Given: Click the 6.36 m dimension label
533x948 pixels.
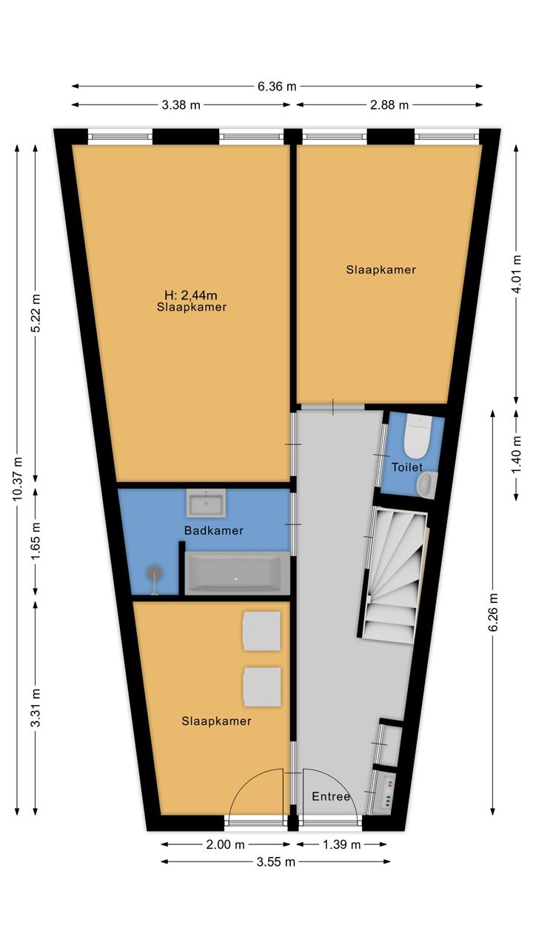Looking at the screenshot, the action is (277, 87).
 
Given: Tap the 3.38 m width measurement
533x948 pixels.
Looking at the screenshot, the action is (181, 105).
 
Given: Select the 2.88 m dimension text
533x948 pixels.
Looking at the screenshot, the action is (389, 105).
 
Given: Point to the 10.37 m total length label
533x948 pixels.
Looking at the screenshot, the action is (17, 478).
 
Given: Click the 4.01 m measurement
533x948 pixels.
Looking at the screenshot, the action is (516, 273).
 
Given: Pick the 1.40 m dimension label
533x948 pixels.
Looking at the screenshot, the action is (516, 457).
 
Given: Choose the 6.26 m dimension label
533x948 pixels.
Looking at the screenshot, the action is (493, 612).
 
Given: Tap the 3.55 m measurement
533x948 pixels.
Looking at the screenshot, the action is (276, 862).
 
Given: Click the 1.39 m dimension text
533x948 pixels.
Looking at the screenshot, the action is (341, 845).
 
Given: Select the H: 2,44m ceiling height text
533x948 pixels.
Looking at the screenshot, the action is (191, 295).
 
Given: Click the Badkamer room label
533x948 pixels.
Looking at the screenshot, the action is (214, 531).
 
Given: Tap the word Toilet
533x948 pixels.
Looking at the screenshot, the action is (407, 467).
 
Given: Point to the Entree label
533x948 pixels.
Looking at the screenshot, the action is (331, 796).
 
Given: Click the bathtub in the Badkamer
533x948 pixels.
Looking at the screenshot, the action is (234, 573).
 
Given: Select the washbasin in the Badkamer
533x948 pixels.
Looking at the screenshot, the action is (206, 503).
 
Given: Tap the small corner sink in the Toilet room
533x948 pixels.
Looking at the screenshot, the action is (427, 484).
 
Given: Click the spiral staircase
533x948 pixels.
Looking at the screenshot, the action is (394, 576).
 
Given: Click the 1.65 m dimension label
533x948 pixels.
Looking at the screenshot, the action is (36, 541).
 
